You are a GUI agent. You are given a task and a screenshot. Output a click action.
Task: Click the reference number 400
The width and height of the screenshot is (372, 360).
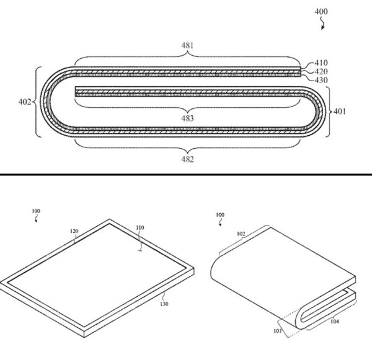pyautogui.click(x=321, y=11)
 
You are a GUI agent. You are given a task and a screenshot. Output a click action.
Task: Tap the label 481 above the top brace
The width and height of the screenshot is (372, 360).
pyautogui.click(x=187, y=45)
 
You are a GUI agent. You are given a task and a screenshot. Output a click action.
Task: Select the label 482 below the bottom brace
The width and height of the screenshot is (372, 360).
pyautogui.click(x=187, y=159)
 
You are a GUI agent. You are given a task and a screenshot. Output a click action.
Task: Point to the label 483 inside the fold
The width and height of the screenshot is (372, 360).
pyautogui.click(x=187, y=118)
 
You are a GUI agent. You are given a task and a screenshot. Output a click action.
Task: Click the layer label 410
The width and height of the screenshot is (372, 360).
pyautogui.click(x=321, y=63)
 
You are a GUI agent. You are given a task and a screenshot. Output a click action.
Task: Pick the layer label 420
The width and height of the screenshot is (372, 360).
pyautogui.click(x=321, y=71)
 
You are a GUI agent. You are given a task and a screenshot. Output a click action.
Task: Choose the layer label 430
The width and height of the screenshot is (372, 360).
pyautogui.click(x=321, y=80)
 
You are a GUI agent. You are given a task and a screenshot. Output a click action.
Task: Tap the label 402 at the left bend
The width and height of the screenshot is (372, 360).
pyautogui.click(x=25, y=102)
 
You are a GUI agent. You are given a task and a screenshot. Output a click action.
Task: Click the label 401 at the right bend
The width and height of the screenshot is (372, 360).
pyautogui.click(x=340, y=112)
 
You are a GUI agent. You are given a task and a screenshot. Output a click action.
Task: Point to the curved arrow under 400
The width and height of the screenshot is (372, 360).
pyautogui.click(x=322, y=24)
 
